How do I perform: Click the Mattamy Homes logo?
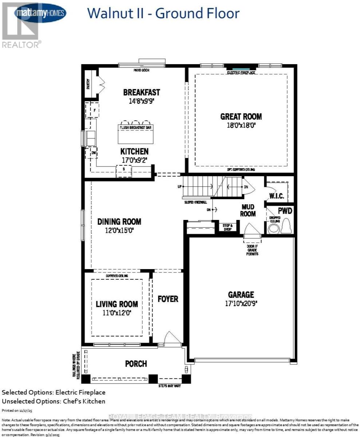coord(40,13)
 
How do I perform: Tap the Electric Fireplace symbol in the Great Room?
coord(241,68)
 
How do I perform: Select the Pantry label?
coord(88,84)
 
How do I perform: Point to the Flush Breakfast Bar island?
coord(135,134)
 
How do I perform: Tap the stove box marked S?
coord(124,170)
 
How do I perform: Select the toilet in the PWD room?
coord(286,226)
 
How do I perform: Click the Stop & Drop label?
coord(228,227)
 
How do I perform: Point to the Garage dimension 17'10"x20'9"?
coord(241,303)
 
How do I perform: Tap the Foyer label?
coord(168,299)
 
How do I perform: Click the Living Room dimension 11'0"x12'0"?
coord(116,312)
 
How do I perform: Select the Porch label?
coord(136,364)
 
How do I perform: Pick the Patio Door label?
coord(142,70)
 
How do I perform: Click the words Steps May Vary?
coord(169,386)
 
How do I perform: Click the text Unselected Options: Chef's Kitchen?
coord(54,401)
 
